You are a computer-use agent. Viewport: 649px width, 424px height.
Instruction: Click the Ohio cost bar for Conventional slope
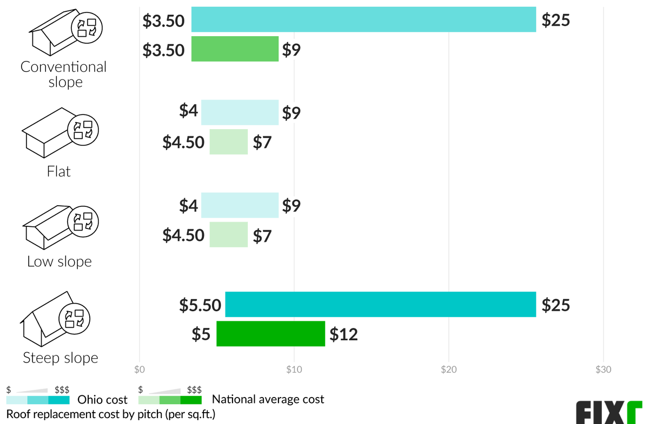pos(363,19)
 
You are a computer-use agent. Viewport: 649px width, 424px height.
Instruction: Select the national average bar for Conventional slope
pos(235,49)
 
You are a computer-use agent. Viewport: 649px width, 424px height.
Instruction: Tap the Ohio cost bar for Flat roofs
pos(240,112)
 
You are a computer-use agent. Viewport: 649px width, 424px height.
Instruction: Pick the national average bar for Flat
pos(228,142)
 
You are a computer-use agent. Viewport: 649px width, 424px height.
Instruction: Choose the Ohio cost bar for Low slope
pos(240,205)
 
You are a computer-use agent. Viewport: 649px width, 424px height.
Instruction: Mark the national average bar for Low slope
pos(228,235)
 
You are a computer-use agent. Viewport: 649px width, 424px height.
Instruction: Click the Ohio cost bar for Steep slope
pos(380,304)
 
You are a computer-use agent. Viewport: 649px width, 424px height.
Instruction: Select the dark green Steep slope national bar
pos(270,334)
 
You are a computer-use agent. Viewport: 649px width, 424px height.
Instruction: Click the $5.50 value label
pos(200,305)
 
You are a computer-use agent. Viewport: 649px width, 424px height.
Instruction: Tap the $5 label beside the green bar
pos(201,334)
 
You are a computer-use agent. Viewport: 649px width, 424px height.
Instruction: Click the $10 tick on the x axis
pos(294,370)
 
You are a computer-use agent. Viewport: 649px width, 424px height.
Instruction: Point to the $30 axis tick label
pos(602,370)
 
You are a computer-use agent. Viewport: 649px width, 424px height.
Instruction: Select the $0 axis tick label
pos(140,370)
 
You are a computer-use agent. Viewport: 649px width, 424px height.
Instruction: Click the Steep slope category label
pos(60,358)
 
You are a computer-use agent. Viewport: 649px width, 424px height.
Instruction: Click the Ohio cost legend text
pos(103,400)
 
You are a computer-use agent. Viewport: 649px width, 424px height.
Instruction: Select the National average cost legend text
pos(268,400)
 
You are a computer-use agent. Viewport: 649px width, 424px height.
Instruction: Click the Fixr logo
pos(608,412)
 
